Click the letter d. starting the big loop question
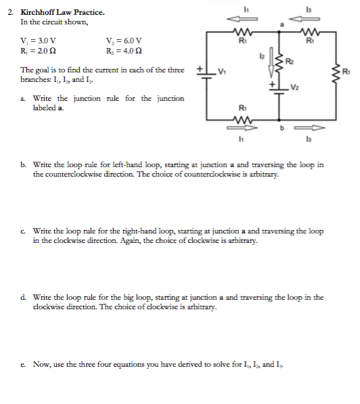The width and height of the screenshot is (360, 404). (x=24, y=297)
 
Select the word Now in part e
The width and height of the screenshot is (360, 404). (x=43, y=365)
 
